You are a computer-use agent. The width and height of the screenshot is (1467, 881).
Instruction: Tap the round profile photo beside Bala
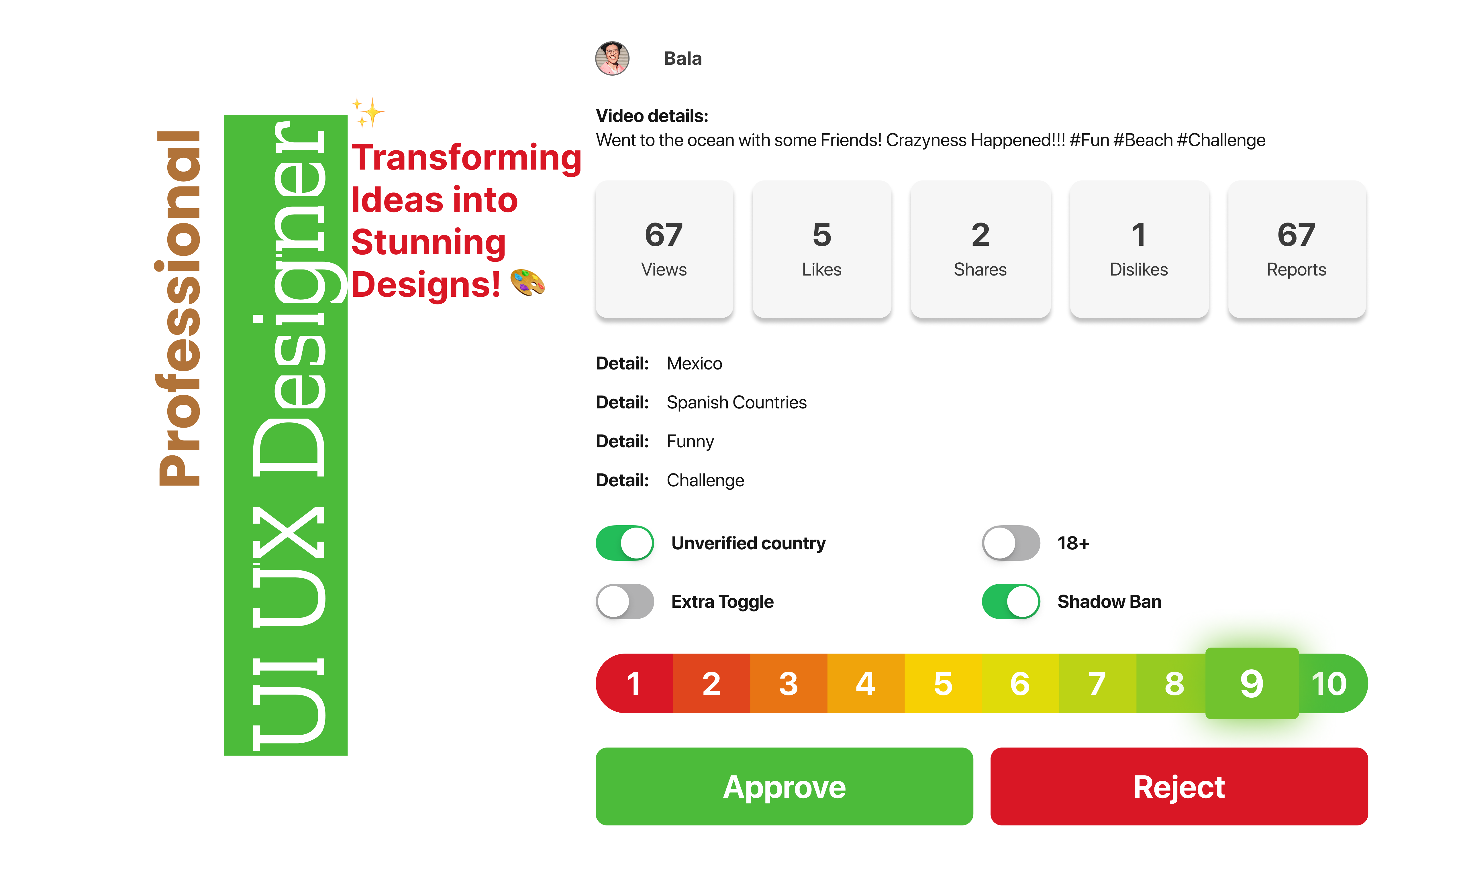[612, 58]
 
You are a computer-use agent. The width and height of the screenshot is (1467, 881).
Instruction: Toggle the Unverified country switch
[625, 543]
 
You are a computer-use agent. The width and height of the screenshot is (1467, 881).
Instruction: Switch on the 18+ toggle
[1011, 543]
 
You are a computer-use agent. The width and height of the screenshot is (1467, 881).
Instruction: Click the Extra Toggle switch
[625, 601]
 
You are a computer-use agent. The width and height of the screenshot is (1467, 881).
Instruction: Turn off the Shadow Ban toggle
[1011, 601]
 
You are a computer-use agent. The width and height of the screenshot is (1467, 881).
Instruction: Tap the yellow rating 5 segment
[943, 683]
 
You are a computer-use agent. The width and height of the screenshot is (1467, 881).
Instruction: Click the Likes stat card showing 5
[822, 249]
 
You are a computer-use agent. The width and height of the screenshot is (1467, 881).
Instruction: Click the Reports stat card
[1297, 249]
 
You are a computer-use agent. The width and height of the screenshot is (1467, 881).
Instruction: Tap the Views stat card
[664, 249]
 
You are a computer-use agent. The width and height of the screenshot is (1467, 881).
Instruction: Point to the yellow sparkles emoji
[368, 112]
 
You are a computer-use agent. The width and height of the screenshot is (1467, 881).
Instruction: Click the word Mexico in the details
[694, 363]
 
